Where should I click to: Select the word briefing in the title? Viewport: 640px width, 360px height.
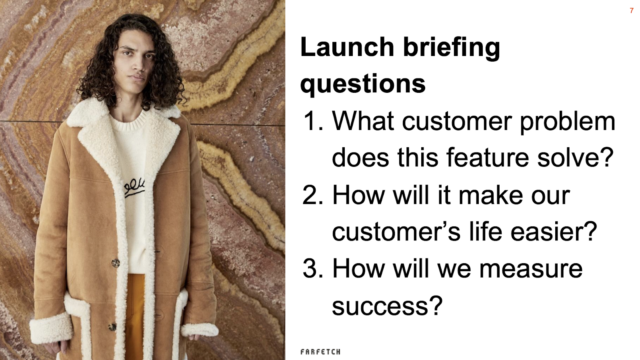tap(452, 48)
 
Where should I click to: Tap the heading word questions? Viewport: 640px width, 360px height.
tap(363, 84)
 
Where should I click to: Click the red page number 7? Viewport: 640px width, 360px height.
tap(632, 10)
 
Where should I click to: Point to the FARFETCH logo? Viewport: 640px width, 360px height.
tap(320, 352)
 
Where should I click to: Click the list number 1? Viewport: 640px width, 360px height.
tap(313, 121)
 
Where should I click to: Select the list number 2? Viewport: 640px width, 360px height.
tap(313, 195)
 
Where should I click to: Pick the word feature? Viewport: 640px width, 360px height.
tap(488, 158)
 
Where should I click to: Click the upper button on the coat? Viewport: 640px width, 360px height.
tap(116, 262)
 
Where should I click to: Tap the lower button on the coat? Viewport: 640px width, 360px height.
tap(112, 326)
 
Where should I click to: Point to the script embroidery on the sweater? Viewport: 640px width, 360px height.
tap(134, 188)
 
